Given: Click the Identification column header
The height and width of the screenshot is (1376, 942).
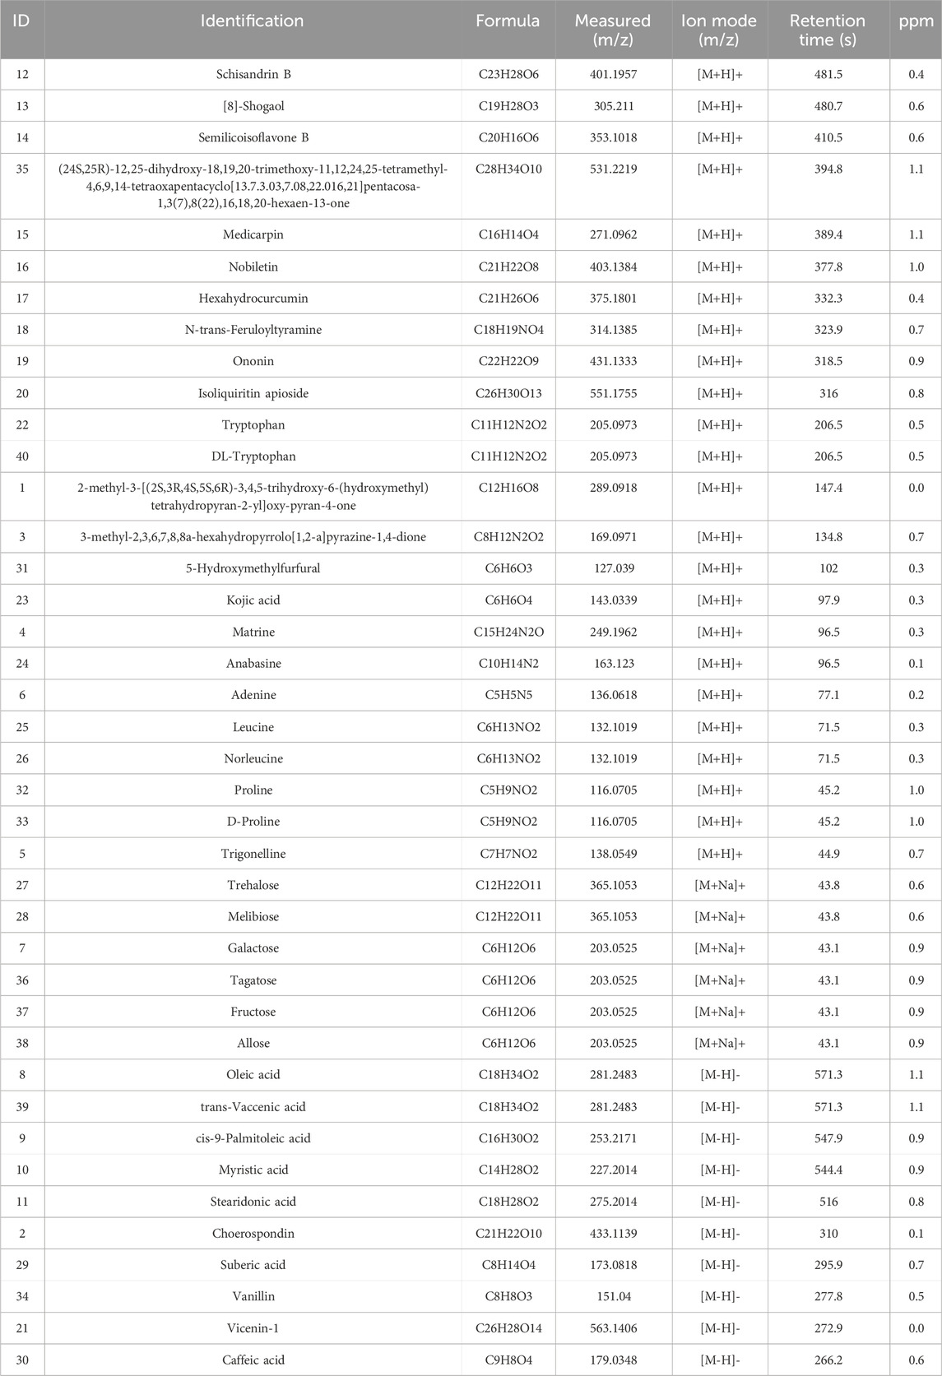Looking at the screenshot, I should tap(253, 21).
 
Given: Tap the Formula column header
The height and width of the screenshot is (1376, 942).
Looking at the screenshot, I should tap(508, 21).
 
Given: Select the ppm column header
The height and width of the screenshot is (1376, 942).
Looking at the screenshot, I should tap(916, 21).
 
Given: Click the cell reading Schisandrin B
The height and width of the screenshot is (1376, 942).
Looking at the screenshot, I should tap(253, 75).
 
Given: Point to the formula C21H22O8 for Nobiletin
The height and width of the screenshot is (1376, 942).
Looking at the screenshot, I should tap(508, 267).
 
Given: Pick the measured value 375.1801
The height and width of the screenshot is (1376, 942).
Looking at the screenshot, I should tap(613, 299).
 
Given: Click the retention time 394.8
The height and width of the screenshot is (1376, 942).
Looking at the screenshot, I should tap(828, 169).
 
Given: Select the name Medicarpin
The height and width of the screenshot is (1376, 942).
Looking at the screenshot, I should tap(253, 235).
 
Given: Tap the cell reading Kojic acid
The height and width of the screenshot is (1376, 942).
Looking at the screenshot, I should tap(253, 600).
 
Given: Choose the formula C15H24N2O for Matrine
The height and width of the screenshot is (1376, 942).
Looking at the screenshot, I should tap(508, 632).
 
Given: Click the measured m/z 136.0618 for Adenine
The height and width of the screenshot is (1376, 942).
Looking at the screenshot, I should tap(613, 695).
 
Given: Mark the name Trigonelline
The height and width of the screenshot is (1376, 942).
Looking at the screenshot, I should tap(253, 854).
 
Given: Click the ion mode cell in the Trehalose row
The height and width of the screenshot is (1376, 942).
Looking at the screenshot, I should tap(719, 886).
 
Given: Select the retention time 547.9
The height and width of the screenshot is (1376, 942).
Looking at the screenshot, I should tap(828, 1138).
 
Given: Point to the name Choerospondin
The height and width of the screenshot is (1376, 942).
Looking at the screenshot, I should tap(253, 1234).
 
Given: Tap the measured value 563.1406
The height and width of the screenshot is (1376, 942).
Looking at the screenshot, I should tap(613, 1328).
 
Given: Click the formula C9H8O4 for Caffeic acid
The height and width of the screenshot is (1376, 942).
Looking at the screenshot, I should tap(508, 1360).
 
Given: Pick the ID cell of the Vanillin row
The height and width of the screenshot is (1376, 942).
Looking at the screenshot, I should tap(22, 1297).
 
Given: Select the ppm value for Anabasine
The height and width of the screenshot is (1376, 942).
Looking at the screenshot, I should tap(916, 664).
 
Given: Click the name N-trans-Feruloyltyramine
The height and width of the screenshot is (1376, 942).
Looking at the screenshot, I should tap(253, 330).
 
